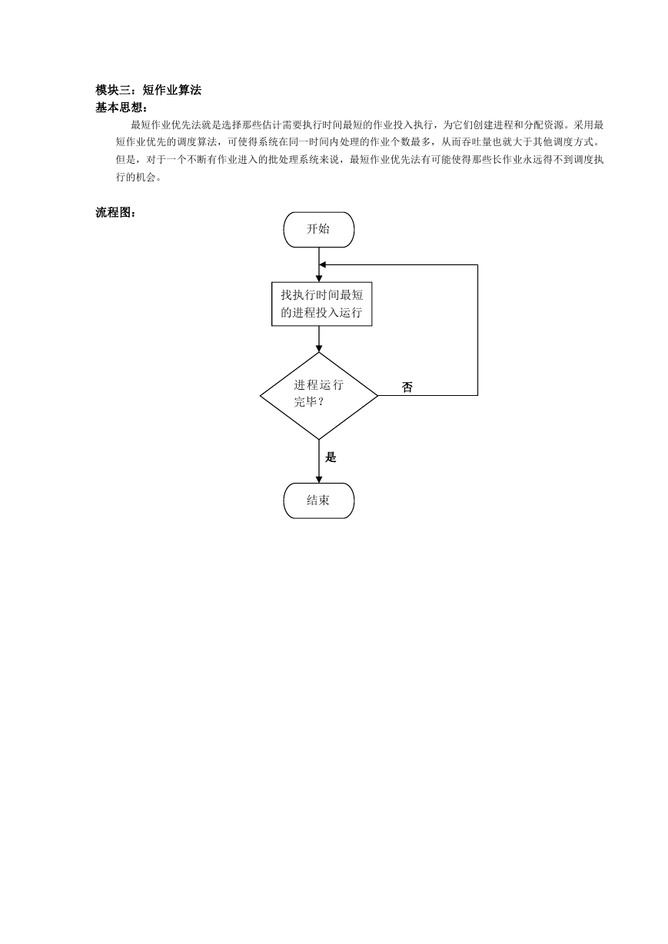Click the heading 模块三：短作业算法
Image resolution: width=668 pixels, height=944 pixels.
pos(148,90)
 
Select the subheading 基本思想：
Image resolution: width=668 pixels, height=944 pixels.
pos(121,108)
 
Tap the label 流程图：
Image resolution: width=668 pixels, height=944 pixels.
pos(116,212)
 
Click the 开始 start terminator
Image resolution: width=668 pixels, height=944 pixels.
pos(318,230)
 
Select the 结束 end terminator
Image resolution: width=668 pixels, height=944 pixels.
pos(318,500)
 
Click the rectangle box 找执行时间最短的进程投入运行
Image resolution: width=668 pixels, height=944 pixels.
pos(321,304)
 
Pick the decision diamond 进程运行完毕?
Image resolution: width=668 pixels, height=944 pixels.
pos(318,396)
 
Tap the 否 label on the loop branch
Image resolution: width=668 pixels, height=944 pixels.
pos(407,387)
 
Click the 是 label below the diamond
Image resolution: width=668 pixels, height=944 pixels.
pos(331,457)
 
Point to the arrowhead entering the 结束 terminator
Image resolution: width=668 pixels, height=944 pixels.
pos(318,480)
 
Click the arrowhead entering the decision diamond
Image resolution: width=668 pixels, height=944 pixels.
pos(318,349)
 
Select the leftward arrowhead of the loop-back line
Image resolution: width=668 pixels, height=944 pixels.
pos(322,264)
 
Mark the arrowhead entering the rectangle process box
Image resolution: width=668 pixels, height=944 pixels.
pos(318,279)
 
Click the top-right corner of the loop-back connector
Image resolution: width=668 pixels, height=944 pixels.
pos(477,264)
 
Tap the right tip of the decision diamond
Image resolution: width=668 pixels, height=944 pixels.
pos(377,396)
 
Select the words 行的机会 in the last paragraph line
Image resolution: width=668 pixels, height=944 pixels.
pos(136,177)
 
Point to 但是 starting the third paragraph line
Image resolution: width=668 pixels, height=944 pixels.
pos(126,160)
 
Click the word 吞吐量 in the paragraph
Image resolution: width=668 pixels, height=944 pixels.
pos(477,142)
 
